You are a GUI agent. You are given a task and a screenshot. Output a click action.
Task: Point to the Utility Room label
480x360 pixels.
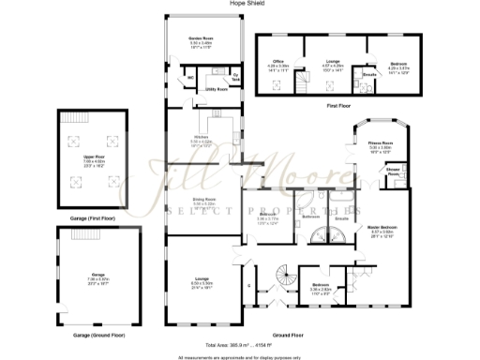217,90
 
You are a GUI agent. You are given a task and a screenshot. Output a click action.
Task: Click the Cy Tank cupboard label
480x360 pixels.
236,77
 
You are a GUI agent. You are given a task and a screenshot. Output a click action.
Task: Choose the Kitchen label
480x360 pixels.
201,140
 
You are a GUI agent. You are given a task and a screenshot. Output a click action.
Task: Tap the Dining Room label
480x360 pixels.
204,202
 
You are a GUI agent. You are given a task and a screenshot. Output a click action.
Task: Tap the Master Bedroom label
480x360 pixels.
382,229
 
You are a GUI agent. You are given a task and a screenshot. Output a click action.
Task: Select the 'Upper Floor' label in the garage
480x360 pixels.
92,159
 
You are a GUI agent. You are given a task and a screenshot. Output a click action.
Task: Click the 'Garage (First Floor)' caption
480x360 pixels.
92,219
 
